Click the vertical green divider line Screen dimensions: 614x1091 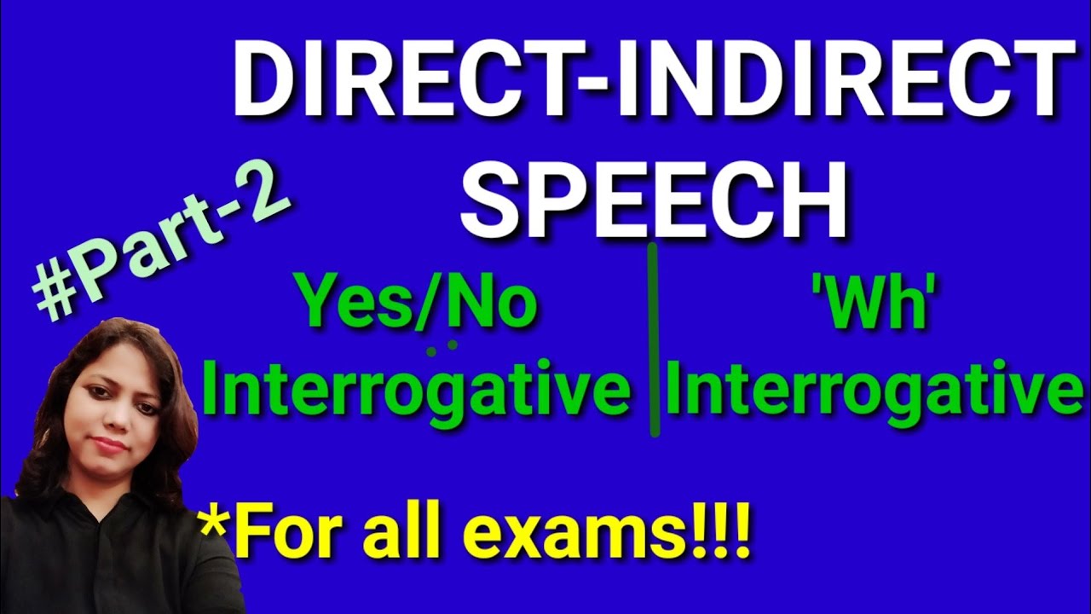(654, 341)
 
